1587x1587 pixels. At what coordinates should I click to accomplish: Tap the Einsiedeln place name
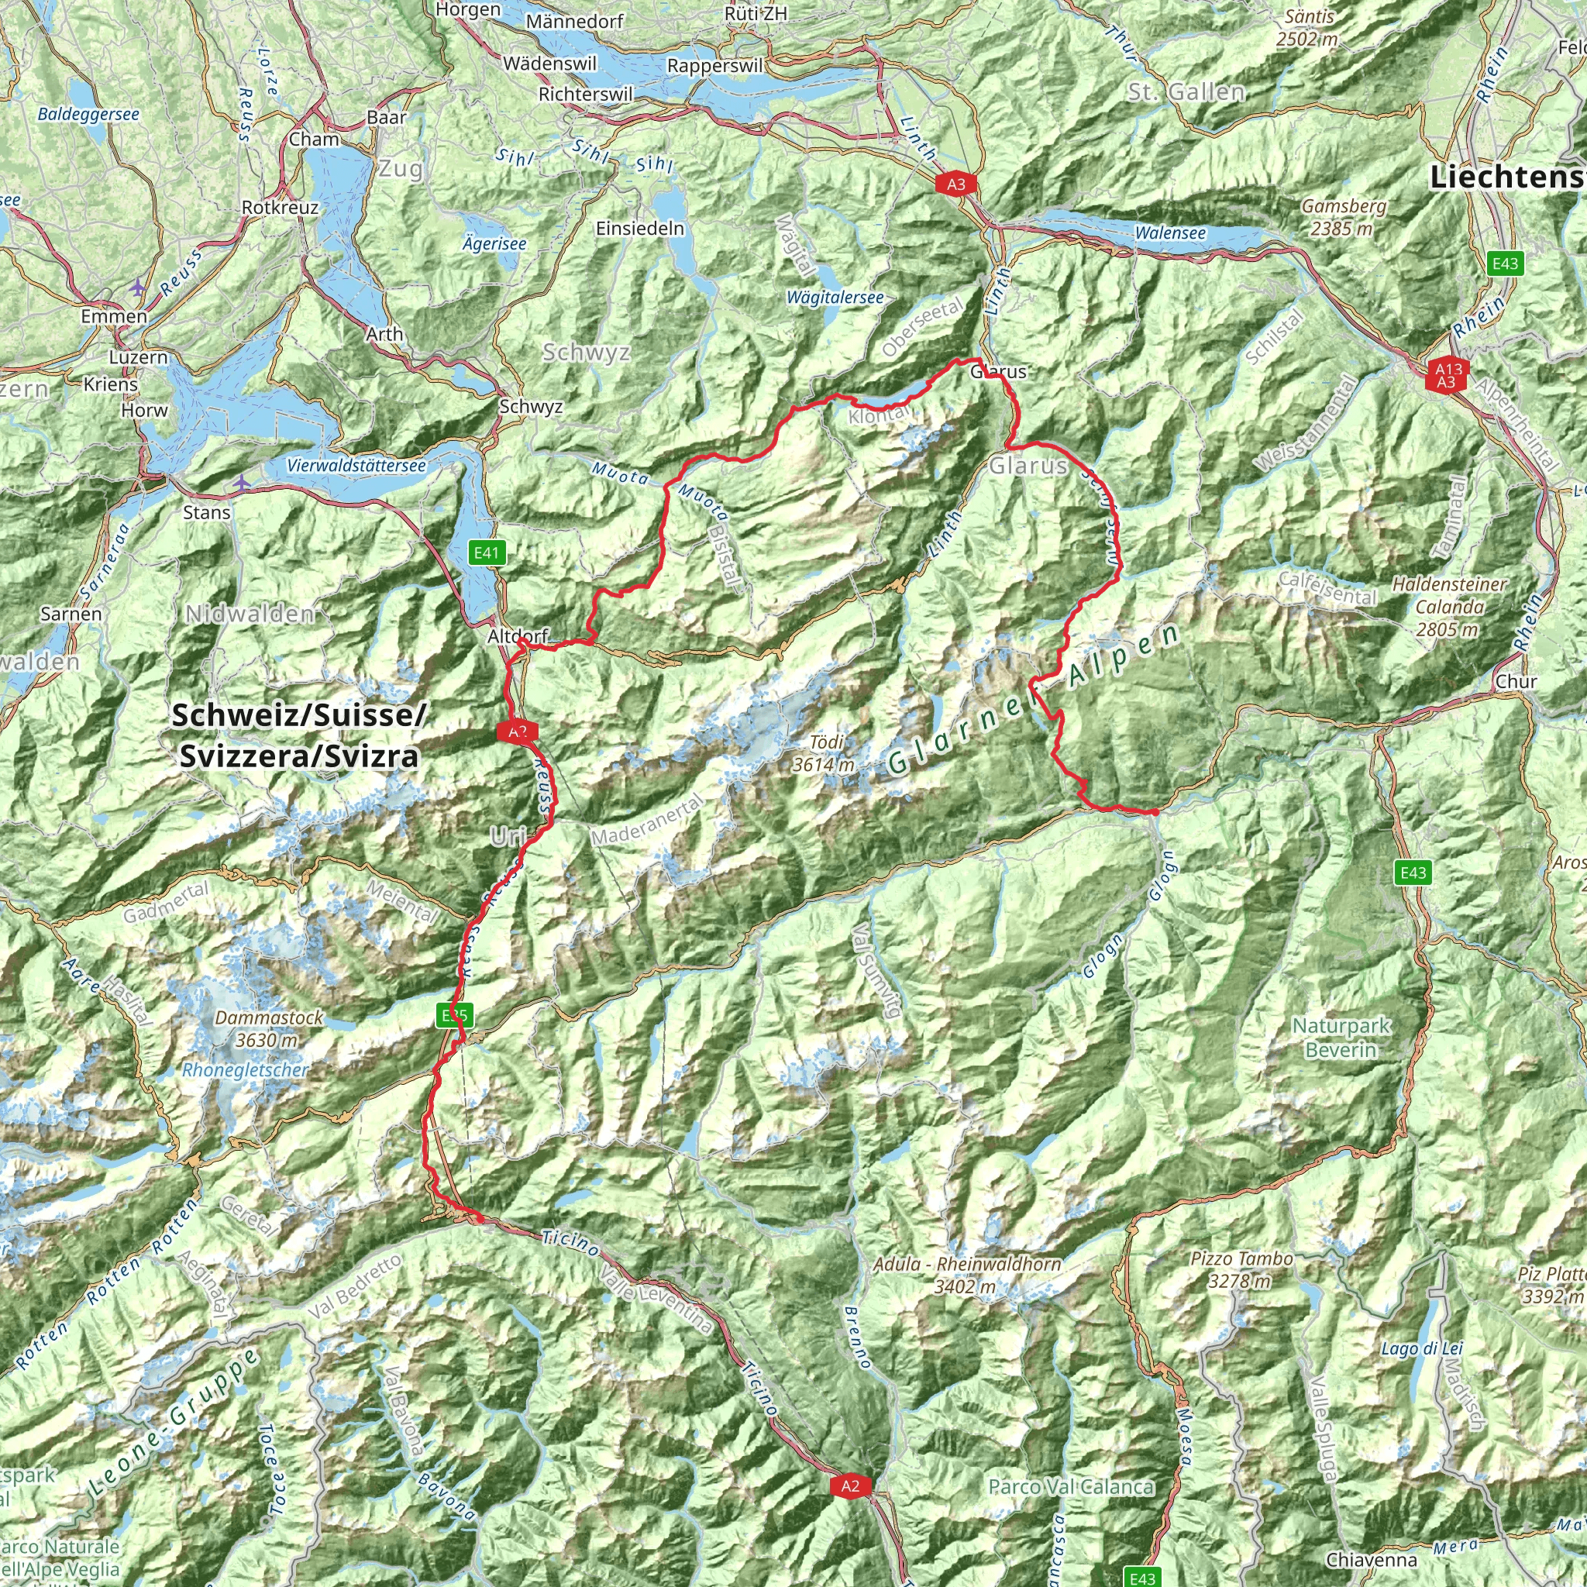640,229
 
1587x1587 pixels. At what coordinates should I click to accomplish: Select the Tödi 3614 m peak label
824,753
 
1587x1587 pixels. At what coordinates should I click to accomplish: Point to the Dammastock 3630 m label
270,1028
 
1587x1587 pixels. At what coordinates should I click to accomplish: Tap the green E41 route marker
487,553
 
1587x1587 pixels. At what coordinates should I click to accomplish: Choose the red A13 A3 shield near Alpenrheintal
1446,375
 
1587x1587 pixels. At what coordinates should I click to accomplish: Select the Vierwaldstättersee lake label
356,466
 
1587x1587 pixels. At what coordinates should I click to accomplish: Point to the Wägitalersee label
835,298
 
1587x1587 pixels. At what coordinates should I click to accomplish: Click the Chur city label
1516,681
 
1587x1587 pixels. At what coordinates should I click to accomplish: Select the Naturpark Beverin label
1341,1038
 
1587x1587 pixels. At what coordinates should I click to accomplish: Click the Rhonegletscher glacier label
245,1070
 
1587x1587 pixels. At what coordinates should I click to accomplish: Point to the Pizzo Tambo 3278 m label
1241,1269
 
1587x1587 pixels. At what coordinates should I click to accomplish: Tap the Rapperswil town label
714,66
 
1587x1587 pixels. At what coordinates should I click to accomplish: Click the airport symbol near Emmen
136,287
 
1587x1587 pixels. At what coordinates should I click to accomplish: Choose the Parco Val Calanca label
1071,1486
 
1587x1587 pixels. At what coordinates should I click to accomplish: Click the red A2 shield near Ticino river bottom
849,1485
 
